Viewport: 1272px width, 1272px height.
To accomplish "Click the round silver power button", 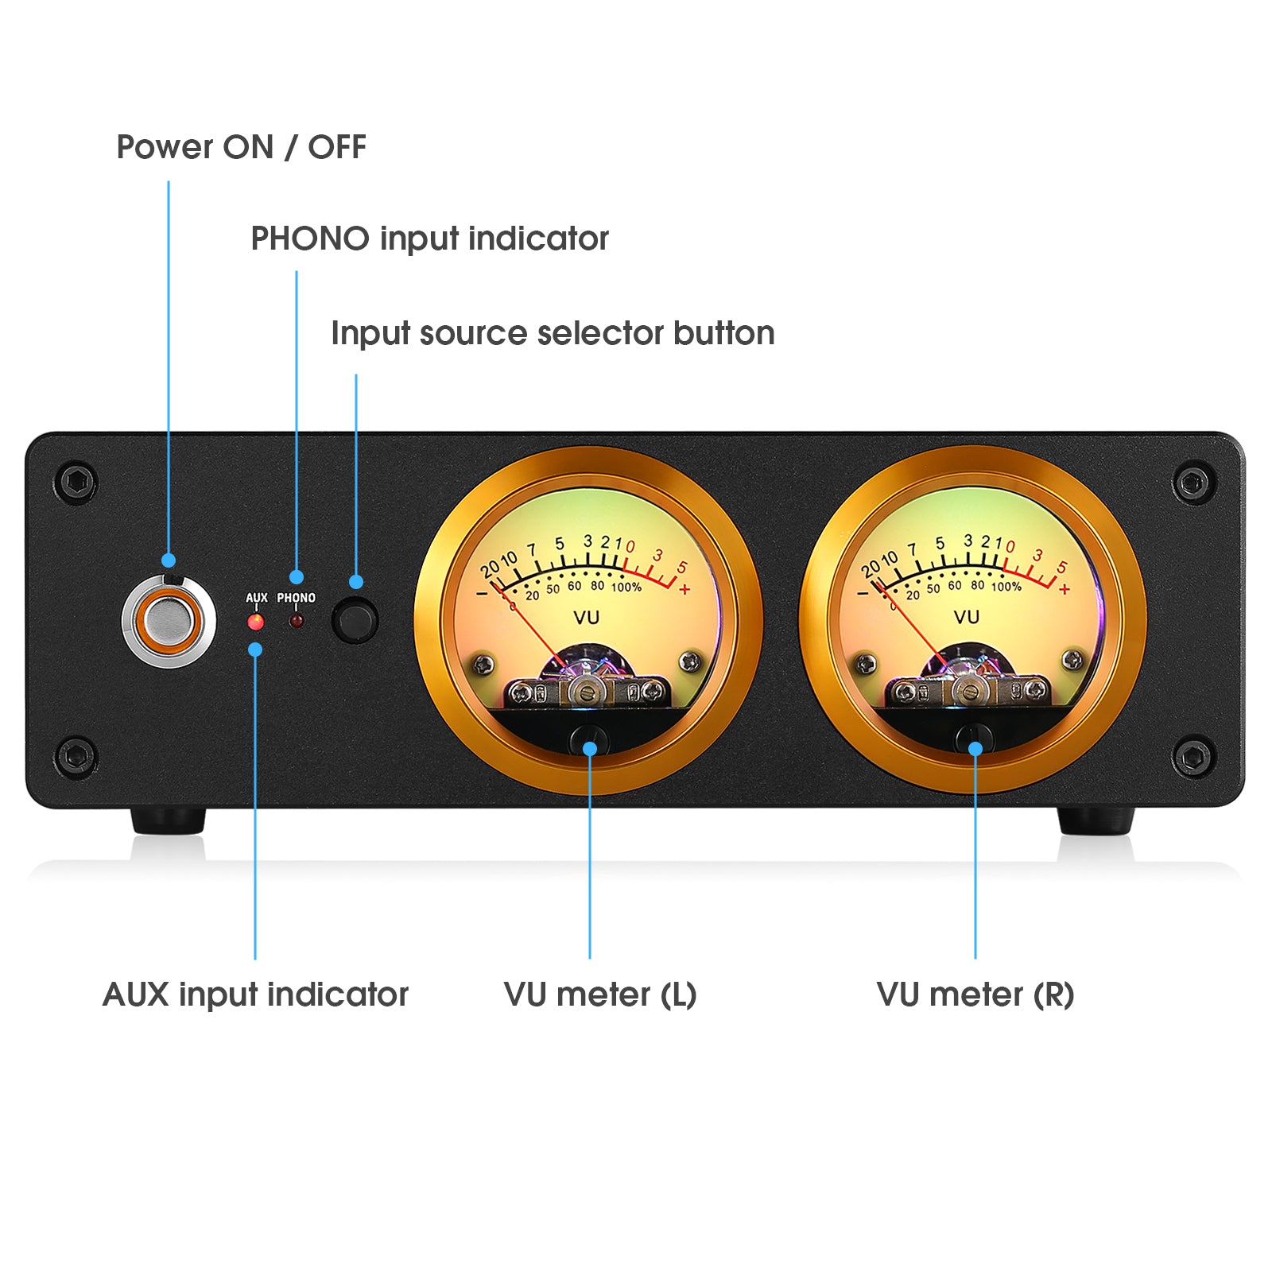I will tap(169, 621).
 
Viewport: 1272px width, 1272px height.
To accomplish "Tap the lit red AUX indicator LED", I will tap(255, 622).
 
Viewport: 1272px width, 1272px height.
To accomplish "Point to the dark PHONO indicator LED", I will tap(296, 621).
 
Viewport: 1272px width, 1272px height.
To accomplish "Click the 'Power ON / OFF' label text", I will tap(241, 147).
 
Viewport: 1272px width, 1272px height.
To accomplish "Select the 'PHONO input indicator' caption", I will tap(429, 238).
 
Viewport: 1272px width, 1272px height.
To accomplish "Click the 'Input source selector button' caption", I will tap(553, 333).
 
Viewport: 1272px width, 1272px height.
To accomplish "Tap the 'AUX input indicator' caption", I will tap(255, 995).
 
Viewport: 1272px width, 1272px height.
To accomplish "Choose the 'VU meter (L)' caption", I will tap(600, 995).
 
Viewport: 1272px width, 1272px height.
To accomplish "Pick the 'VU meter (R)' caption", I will tap(975, 995).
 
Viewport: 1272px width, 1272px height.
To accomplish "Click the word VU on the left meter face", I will tap(586, 618).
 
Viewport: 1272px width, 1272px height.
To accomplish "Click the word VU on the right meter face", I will tap(966, 617).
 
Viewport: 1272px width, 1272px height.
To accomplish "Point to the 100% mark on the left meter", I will tap(626, 588).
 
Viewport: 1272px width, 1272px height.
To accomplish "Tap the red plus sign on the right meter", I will tap(1065, 589).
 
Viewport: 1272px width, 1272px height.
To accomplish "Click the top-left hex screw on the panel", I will tap(77, 482).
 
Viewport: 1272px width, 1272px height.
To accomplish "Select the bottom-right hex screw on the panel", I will tap(1192, 757).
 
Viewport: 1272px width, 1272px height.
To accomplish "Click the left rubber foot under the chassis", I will tap(168, 821).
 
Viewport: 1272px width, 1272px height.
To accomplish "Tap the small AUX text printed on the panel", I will tap(256, 598).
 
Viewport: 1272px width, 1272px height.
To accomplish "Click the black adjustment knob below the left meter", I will tap(588, 739).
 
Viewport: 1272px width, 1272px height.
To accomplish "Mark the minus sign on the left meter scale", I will tap(482, 593).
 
